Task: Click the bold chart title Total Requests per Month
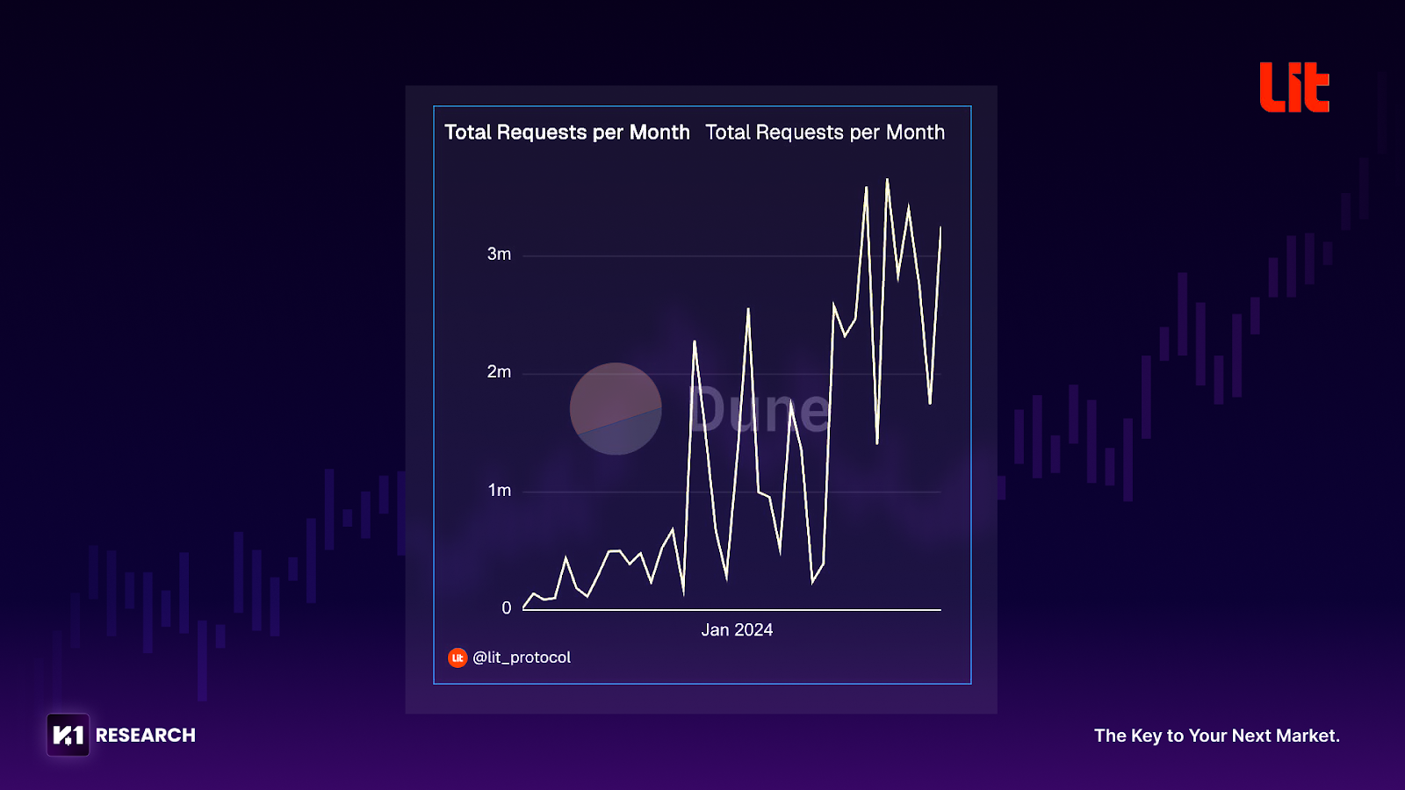(566, 133)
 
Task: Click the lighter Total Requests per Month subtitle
(825, 133)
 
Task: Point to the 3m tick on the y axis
(499, 255)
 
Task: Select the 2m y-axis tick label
(499, 372)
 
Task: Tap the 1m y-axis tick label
(499, 491)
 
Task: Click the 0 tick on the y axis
(506, 608)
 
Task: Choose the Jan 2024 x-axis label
(737, 630)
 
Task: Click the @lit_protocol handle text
(522, 657)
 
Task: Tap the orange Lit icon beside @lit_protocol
(458, 657)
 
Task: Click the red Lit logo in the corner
(1293, 87)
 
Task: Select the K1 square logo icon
(68, 736)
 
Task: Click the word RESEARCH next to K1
(146, 736)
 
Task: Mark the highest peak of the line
(887, 180)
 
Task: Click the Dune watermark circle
(616, 409)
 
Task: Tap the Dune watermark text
(759, 410)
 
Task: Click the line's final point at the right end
(940, 227)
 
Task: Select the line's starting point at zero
(523, 607)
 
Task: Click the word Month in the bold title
(659, 133)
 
